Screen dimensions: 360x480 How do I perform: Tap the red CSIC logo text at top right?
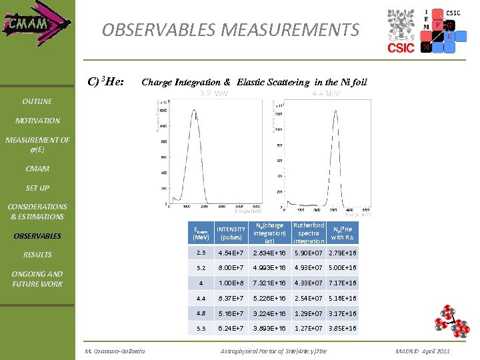click(401, 47)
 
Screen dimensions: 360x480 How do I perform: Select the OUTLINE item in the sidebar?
click(37, 101)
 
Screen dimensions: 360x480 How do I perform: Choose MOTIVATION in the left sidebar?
click(37, 121)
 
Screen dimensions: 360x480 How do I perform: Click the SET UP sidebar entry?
click(37, 188)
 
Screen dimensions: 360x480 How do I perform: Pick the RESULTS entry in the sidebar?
click(37, 255)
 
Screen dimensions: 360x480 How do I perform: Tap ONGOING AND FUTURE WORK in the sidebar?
click(37, 279)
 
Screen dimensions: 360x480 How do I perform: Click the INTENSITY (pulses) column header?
click(231, 233)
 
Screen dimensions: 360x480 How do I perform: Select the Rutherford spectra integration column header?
click(309, 233)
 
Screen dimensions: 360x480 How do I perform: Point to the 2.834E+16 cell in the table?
click(269, 253)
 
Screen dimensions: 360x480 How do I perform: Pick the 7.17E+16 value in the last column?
click(343, 283)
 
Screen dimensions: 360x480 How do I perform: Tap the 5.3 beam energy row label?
click(201, 329)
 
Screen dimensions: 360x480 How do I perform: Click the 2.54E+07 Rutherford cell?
click(309, 299)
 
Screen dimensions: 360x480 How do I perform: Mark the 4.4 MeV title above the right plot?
click(326, 94)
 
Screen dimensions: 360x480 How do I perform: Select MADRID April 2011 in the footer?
click(422, 351)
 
